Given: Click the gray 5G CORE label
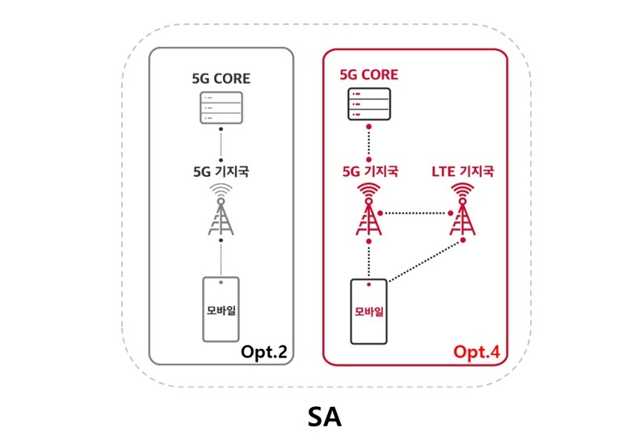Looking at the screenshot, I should tap(221, 79).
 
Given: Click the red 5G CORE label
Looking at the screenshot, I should tap(369, 75).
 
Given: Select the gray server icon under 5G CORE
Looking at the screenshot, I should tap(221, 107).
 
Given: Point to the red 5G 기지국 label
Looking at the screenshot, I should tap(369, 171).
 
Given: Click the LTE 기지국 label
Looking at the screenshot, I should tap(461, 171).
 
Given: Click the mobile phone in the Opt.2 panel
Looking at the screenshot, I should tap(221, 309).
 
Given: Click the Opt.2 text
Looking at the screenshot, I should tap(263, 351).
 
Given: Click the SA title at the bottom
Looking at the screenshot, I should tap(324, 417).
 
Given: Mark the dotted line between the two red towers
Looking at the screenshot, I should tap(415, 214).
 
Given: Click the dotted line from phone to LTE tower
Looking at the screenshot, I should tap(424, 261).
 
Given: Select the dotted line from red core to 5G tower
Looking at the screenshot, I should tap(369, 145).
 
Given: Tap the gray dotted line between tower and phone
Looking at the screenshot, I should tap(221, 258).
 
